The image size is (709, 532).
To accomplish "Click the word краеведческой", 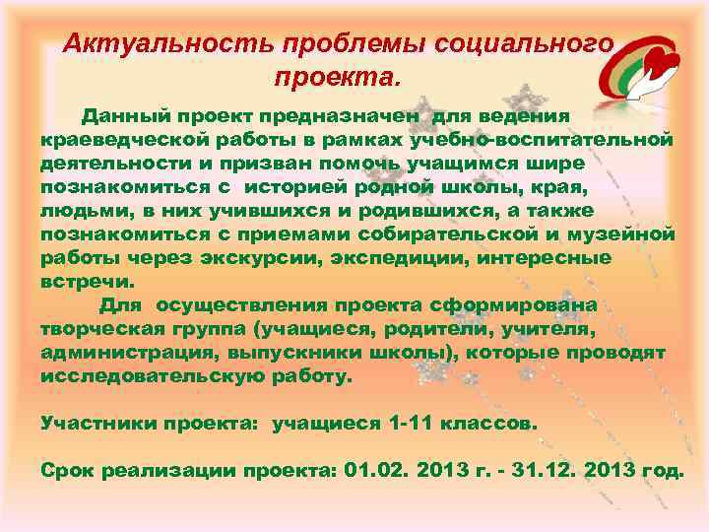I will click(x=123, y=139).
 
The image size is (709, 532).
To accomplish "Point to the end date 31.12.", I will click(x=544, y=471).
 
